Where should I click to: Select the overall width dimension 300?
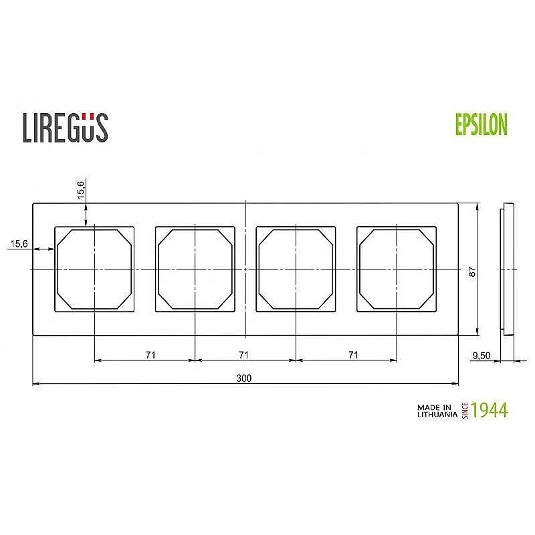tap(244, 378)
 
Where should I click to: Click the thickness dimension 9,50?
tap(481, 356)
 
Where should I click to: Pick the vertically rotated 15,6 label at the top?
tap(81, 189)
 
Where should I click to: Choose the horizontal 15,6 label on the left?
tap(18, 244)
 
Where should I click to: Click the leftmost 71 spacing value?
tap(150, 354)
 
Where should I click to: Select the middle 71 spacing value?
tap(244, 354)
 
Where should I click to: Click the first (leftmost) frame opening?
tap(94, 269)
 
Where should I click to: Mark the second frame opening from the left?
tap(195, 269)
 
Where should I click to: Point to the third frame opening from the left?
tap(296, 269)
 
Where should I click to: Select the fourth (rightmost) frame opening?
tap(397, 269)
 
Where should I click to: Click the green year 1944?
tap(489, 410)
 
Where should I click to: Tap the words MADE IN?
tap(435, 407)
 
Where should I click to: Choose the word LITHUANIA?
tap(437, 415)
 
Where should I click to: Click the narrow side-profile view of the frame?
tap(508, 267)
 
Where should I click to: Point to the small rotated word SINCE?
tap(464, 410)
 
